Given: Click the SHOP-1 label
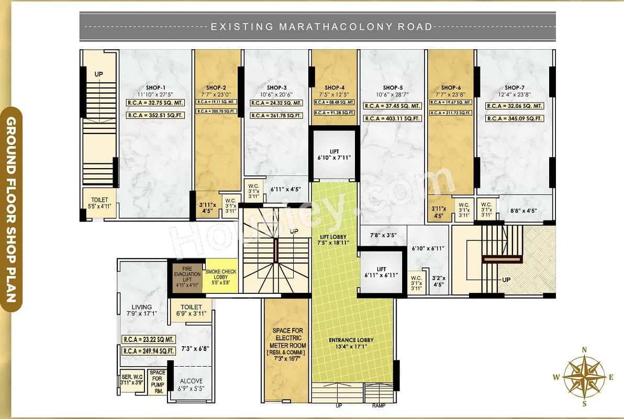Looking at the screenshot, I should pos(156,87).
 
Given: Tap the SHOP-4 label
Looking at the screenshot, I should pos(335,87).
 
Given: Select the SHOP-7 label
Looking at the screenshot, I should pos(515,87).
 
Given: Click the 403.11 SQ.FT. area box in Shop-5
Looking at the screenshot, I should pos(393,119).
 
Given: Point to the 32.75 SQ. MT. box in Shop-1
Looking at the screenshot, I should pos(155,103).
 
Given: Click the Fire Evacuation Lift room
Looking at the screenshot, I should pos(187,275).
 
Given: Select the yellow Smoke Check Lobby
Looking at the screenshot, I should pos(221,275).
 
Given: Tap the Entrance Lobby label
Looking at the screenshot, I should pos(351,340).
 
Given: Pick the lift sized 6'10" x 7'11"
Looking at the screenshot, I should pos(335,154).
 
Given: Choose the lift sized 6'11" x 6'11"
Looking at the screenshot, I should pos(381,272).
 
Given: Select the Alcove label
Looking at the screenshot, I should pos(191,381).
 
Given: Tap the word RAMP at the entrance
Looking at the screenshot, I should pos(379,406).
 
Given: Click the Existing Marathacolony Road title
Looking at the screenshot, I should pos(321,26).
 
